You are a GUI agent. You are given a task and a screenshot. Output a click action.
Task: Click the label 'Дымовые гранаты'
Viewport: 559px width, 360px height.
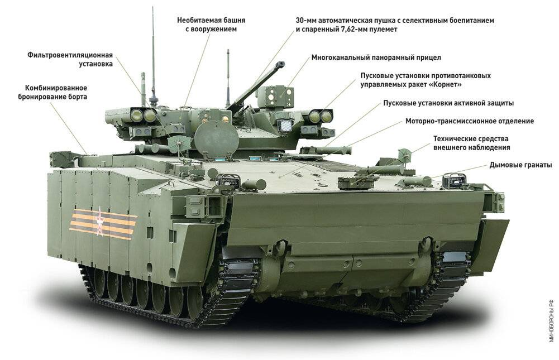click(520, 165)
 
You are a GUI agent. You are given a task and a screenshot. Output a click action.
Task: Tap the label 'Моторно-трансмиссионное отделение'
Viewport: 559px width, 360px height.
click(470, 121)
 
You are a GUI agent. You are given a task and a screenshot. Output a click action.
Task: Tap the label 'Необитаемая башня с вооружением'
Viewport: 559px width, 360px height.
click(211, 24)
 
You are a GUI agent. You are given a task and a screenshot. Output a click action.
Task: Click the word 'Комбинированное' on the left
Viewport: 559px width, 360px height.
click(56, 88)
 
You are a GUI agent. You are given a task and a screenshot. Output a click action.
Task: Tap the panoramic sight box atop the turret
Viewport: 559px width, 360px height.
click(275, 96)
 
